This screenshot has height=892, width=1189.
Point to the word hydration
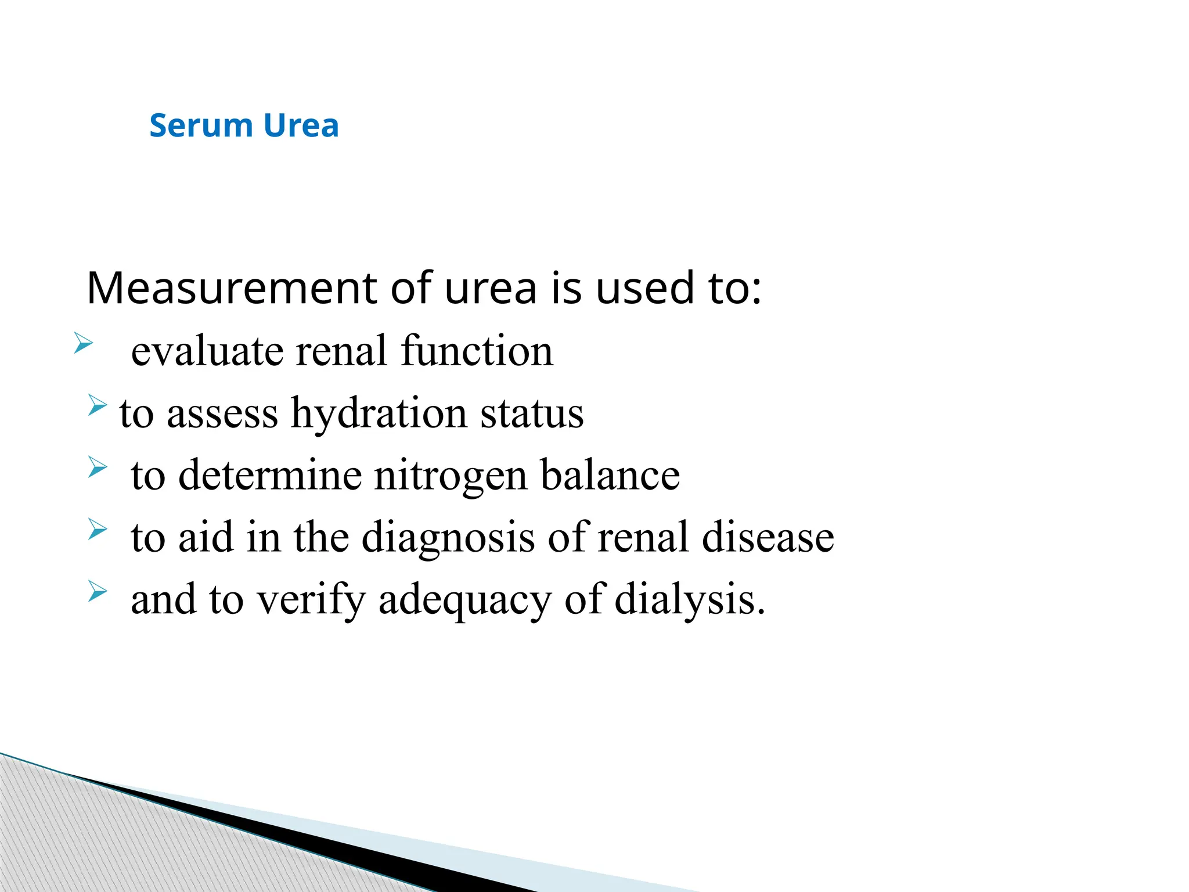[379, 413]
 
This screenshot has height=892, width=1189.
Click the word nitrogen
[451, 475]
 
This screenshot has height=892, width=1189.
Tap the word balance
[610, 475]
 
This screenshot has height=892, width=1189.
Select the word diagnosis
[448, 537]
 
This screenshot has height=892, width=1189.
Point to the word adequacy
[464, 599]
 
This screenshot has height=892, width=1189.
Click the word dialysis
[690, 599]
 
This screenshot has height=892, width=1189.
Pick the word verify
[311, 599]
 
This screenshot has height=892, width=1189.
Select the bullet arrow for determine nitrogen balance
[98, 467]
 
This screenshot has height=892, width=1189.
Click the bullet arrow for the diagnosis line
[98, 529]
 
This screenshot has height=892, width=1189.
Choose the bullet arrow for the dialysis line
[98, 591]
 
